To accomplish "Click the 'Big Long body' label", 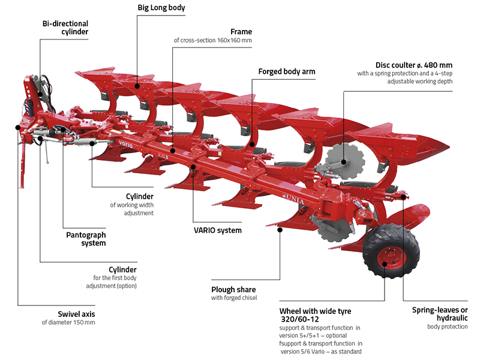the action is [161, 8].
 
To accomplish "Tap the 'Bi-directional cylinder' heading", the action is [65, 28].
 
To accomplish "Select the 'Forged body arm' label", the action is [287, 71].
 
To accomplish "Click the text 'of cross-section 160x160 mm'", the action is [213, 40].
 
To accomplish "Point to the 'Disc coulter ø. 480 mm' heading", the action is [414, 65].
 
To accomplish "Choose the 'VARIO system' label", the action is [218, 230].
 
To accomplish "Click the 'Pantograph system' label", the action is [86, 239].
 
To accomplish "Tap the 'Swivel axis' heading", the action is [76, 314].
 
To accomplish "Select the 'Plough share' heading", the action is [233, 290].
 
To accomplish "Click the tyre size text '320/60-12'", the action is [300, 319].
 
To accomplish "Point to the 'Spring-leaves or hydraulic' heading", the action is [440, 314].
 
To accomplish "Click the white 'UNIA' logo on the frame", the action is [293, 199].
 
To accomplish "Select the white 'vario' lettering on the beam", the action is [125, 143].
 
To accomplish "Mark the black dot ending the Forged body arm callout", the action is [251, 144].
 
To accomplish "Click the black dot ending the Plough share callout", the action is [280, 230].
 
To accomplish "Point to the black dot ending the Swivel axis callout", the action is [18, 127].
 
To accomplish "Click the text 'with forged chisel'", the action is [234, 298].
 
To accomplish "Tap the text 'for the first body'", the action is [115, 278].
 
